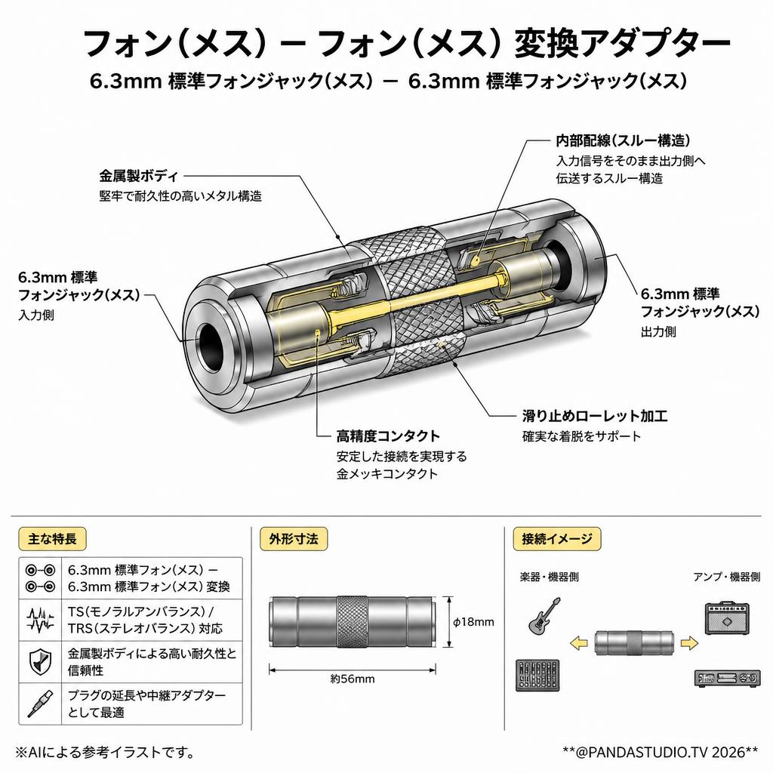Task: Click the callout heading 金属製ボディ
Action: tap(139, 175)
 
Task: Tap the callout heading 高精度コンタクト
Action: tap(388, 436)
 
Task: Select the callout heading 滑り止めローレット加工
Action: tap(595, 416)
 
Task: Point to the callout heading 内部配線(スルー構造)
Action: tap(623, 140)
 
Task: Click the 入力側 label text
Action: tap(36, 315)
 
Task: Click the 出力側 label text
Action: tap(658, 332)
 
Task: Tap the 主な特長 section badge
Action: tap(52, 538)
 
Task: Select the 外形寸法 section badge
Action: tap(294, 538)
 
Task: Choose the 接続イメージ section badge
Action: tap(557, 538)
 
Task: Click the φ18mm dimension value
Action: tap(473, 622)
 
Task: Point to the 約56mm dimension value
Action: tap(353, 679)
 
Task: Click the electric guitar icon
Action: tap(544, 615)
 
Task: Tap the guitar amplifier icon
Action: tap(726, 617)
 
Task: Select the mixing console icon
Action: tap(537, 675)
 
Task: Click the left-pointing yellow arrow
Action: tap(579, 643)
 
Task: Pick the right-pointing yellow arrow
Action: tap(689, 643)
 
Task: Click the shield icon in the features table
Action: tap(40, 661)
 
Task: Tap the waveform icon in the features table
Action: tap(40, 620)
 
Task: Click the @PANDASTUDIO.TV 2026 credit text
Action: tap(660, 752)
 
